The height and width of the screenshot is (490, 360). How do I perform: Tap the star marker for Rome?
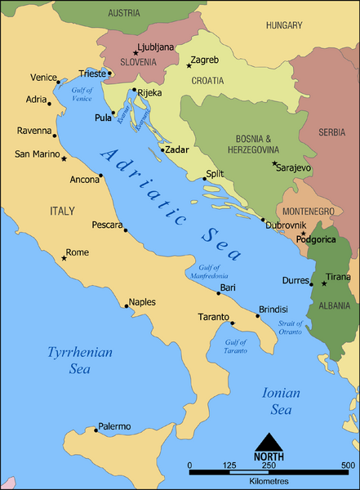click(x=64, y=259)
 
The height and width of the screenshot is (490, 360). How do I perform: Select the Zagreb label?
click(x=204, y=60)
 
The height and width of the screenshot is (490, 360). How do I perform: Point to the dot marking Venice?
click(x=58, y=82)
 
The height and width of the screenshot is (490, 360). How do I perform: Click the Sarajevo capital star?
click(x=274, y=163)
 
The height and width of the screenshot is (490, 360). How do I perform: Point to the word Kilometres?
click(x=269, y=482)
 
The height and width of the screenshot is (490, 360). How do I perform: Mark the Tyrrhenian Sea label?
click(x=78, y=360)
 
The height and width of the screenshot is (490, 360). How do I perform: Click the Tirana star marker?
click(x=324, y=283)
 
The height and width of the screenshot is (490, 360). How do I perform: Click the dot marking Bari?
click(x=218, y=293)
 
